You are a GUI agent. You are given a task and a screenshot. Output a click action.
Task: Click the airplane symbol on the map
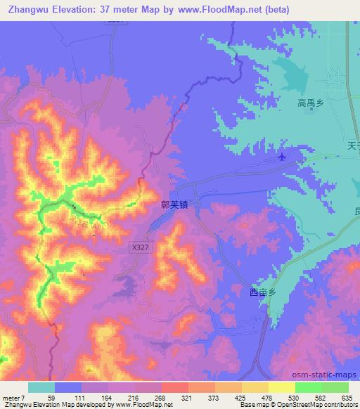coord(282,156)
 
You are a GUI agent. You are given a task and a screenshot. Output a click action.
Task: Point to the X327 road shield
coord(139,247)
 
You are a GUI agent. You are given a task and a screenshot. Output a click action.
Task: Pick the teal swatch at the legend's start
coord(41,387)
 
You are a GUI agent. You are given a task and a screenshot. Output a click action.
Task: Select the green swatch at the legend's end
coord(335,387)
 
